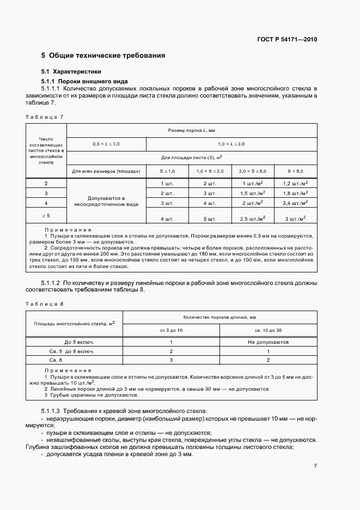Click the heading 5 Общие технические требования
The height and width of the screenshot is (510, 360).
coord(103,56)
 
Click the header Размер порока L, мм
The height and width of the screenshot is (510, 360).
coord(192,131)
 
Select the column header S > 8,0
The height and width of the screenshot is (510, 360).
coord(296,171)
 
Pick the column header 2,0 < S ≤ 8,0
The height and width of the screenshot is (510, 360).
coord(253,171)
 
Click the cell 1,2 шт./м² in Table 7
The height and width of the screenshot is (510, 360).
coord(296,184)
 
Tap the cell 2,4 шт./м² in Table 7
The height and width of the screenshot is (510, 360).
coord(296,203)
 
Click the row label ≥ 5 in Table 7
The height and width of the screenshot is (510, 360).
coord(46,216)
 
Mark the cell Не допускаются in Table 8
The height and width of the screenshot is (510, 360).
coord(268,342)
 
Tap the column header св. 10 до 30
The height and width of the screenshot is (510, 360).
coord(268,330)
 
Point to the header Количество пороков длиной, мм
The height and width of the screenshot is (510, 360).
coord(220,317)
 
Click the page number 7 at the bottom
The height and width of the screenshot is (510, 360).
coord(315,466)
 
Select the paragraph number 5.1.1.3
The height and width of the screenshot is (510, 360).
coord(51,410)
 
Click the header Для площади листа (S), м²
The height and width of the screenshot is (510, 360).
coord(192,157)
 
